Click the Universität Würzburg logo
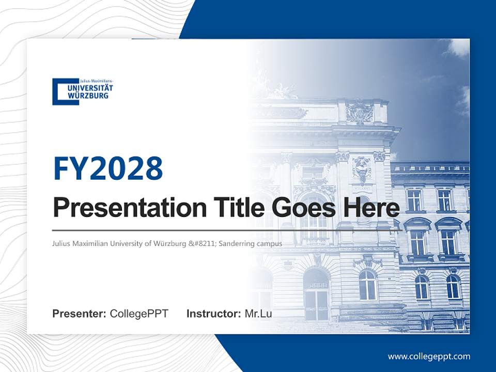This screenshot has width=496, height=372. coord(83,91)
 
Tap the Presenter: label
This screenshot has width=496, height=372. coord(79,314)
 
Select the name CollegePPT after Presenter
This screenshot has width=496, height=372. coord(139,314)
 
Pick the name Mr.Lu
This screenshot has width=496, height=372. coord(258,314)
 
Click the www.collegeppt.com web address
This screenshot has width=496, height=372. coord(429,356)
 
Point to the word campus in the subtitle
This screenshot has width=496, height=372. coord(271,243)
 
